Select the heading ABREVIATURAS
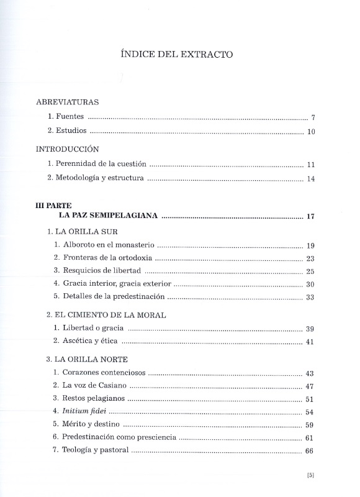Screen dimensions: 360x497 pyautogui.click(x=67, y=101)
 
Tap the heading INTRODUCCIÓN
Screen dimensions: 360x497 pyautogui.click(x=68, y=149)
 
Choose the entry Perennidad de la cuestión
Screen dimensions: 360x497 pyautogui.click(x=97, y=164)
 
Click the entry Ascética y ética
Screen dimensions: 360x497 pyautogui.click(x=89, y=341)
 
